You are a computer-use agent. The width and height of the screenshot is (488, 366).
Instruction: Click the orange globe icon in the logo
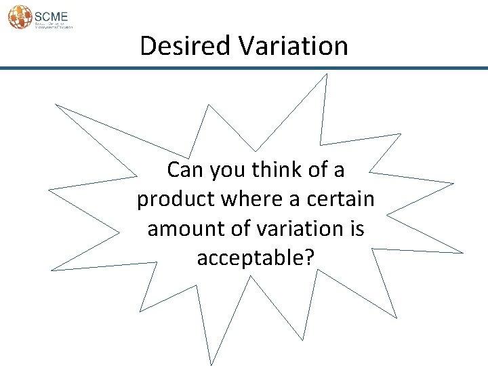pos(20,16)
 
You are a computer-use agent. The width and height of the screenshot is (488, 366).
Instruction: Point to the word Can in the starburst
pos(184,169)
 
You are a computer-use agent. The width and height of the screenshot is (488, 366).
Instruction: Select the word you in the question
pos(226,169)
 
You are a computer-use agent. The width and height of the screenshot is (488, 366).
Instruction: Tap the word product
pos(173,199)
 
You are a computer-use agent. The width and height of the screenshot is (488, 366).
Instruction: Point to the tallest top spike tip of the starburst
pos(326,75)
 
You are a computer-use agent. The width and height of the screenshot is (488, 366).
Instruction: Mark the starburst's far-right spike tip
pos(463,253)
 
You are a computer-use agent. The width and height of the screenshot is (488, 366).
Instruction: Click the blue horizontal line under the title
pos(244,68)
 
